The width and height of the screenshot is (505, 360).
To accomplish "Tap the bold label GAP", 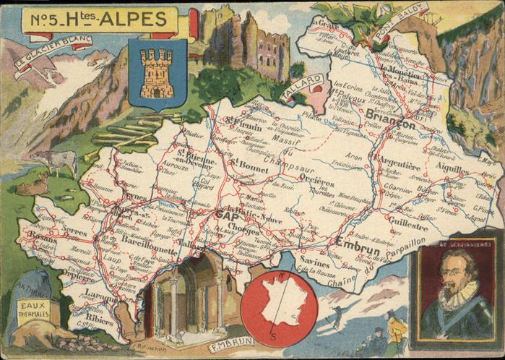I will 228,215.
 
